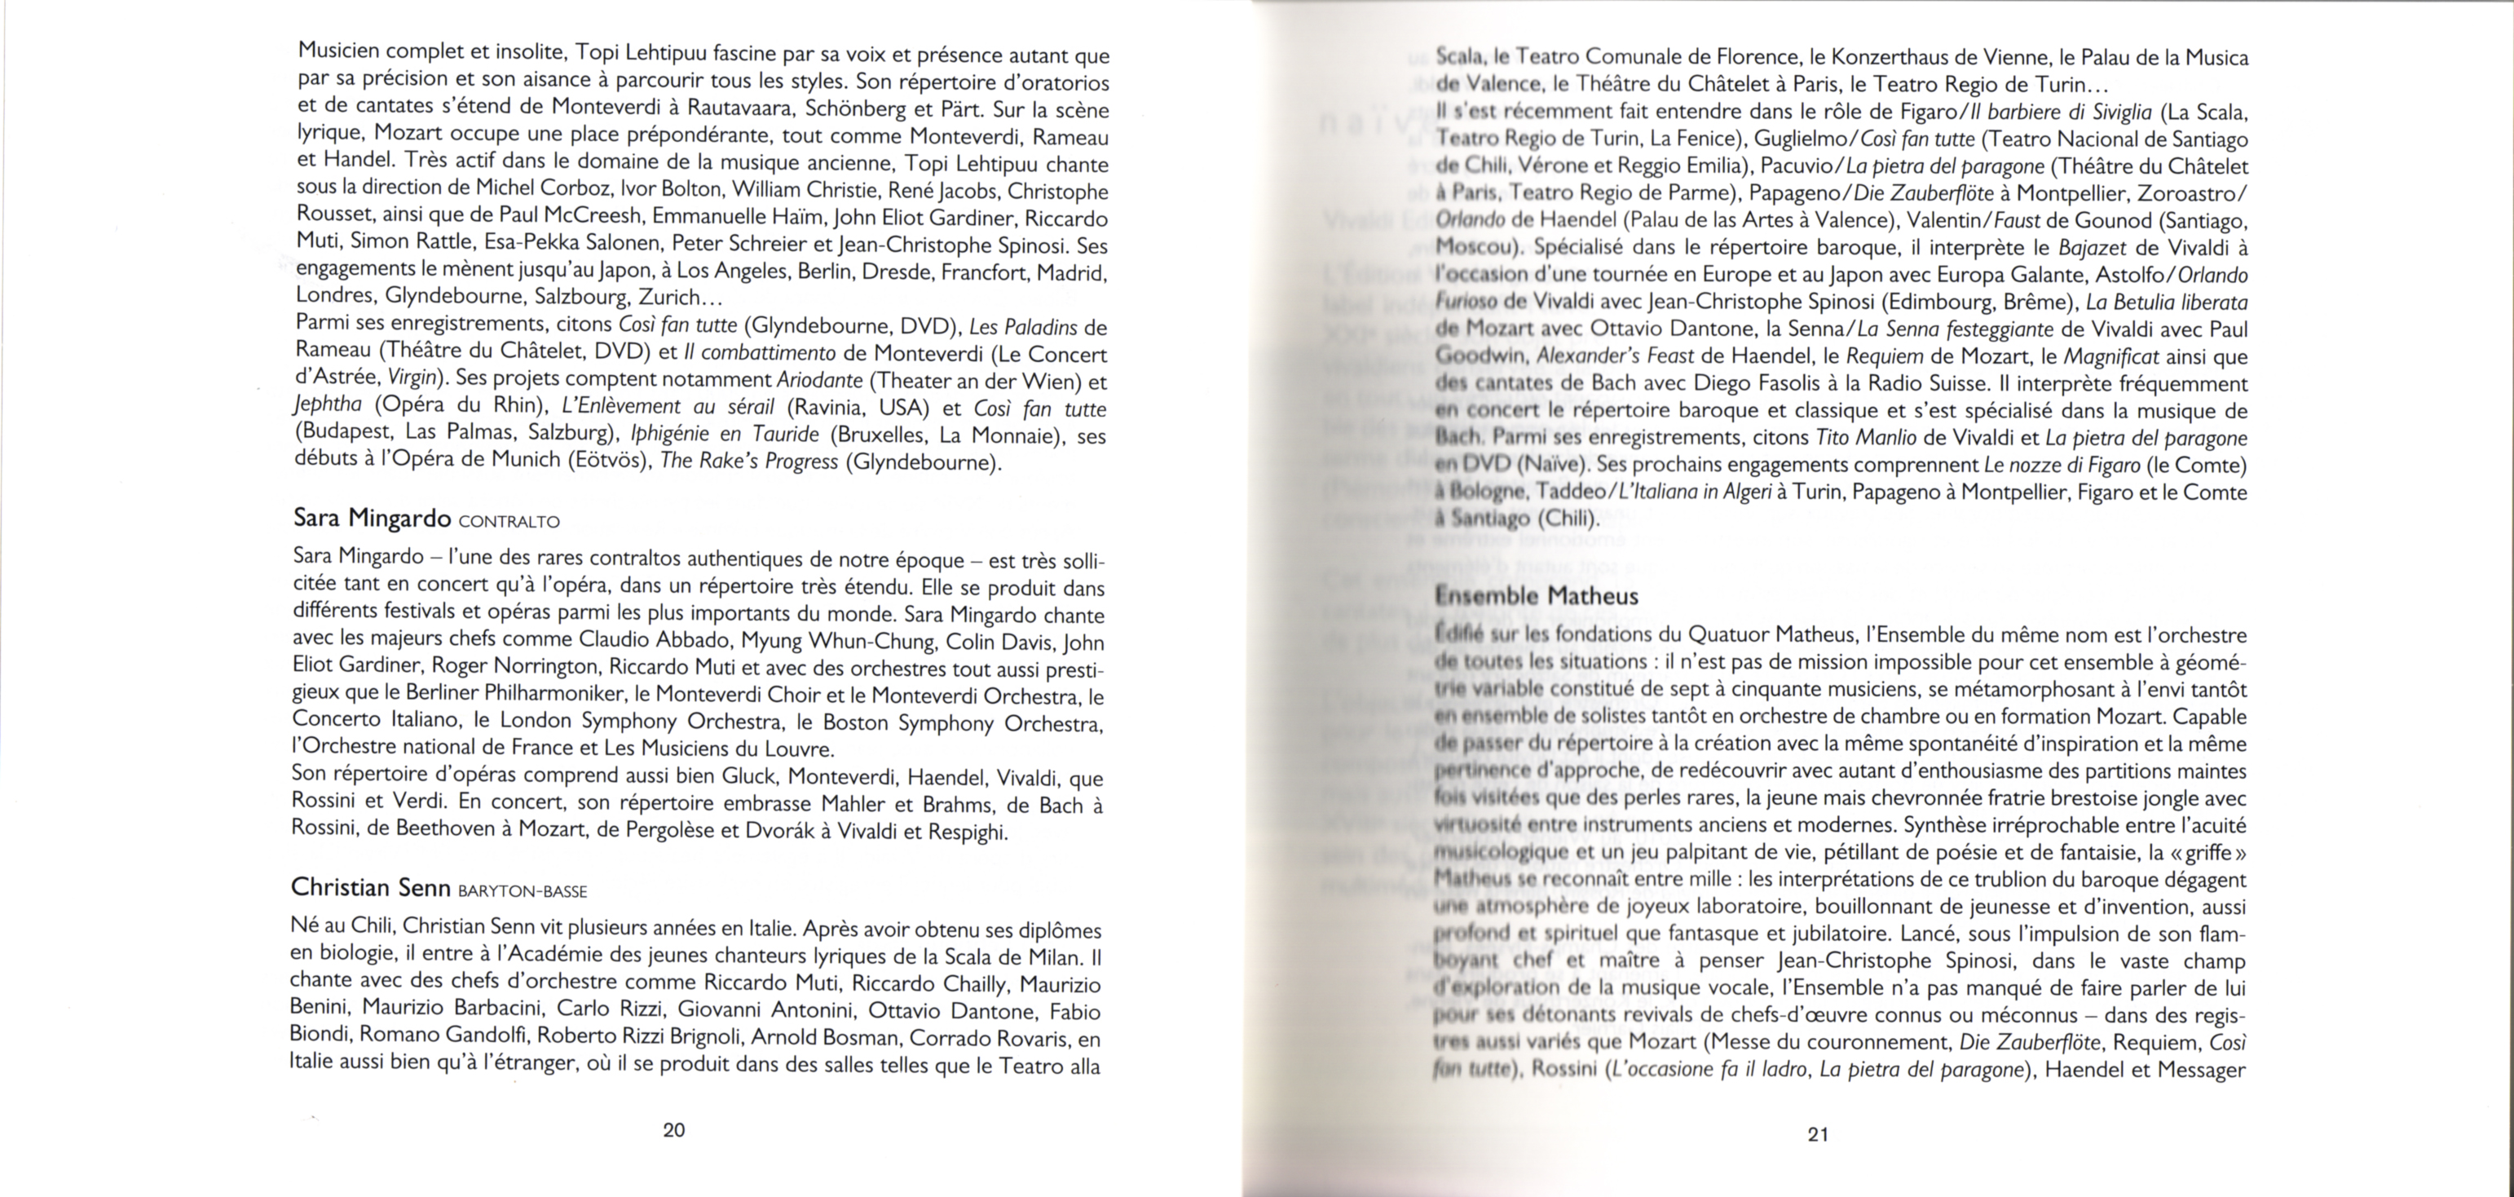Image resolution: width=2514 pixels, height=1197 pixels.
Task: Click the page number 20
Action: tap(673, 1129)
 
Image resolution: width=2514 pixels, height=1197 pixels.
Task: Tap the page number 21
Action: tap(1817, 1133)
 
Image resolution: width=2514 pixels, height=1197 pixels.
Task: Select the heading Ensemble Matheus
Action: tap(1536, 595)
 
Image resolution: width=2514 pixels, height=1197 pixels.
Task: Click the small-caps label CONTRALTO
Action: tap(509, 521)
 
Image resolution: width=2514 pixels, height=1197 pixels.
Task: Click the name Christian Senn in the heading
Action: tap(370, 886)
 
